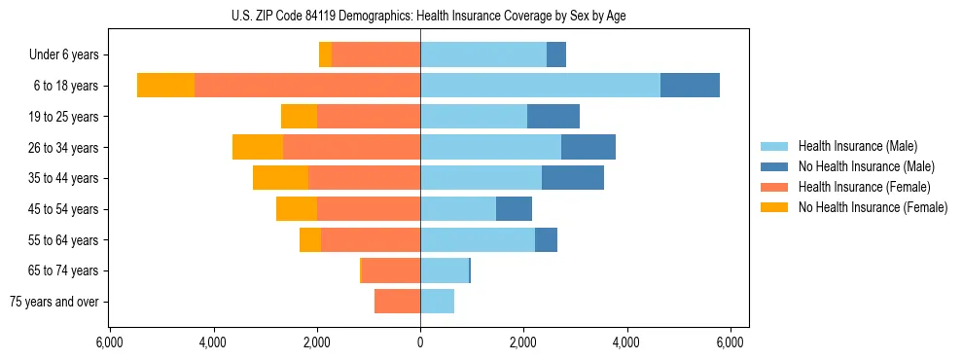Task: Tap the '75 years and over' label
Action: tap(54, 302)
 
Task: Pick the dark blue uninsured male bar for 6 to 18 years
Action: tap(690, 86)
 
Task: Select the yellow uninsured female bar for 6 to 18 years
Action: tap(165, 86)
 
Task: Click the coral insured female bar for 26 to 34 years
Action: tap(351, 147)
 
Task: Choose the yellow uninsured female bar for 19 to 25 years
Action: tap(299, 117)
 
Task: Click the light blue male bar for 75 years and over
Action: tap(437, 302)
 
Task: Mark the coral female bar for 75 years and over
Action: tap(397, 302)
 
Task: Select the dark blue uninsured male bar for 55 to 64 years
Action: tap(546, 239)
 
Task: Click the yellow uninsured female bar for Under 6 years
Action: tap(325, 55)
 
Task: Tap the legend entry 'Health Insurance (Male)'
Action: tap(857, 146)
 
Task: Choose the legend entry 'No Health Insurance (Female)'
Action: tap(873, 207)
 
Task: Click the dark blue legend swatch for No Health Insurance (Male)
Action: tap(774, 166)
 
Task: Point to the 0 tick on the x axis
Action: tap(420, 342)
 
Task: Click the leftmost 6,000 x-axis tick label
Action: tap(109, 342)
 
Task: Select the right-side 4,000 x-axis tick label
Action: tap(626, 342)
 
